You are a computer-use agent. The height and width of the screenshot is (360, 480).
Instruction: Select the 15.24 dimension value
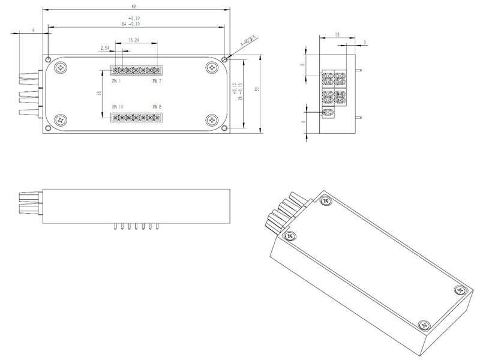[135, 40]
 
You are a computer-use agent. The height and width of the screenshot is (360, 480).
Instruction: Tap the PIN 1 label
[116, 80]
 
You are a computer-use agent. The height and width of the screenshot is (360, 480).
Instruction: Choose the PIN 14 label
[117, 106]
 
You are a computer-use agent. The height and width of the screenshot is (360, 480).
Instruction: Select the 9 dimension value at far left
[33, 29]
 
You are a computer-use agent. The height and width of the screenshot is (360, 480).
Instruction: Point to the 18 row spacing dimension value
[98, 93]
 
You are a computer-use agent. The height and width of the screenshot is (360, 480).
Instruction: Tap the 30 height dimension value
[257, 89]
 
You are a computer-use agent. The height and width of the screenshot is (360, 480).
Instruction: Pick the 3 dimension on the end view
[364, 42]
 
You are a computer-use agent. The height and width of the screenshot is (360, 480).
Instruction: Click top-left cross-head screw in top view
[61, 68]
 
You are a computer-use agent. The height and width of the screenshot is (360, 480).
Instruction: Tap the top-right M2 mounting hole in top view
[224, 59]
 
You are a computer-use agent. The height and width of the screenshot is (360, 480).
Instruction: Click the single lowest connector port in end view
[328, 112]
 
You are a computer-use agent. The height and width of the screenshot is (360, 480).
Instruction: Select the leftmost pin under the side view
[115, 227]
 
